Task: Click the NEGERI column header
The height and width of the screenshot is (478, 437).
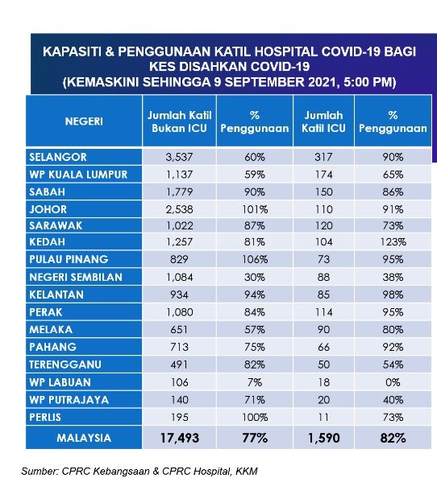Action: click(x=84, y=122)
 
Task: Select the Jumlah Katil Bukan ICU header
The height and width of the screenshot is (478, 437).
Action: click(x=179, y=122)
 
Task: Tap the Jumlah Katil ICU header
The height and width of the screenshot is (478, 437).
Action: click(x=323, y=122)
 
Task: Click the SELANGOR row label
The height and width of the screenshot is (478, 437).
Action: click(x=58, y=157)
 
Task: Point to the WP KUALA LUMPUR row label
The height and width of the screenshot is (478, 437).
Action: click(x=78, y=175)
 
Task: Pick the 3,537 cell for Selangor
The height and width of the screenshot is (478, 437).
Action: click(x=179, y=157)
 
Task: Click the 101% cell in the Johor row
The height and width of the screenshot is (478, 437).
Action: click(x=255, y=209)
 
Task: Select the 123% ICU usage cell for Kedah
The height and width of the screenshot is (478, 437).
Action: click(x=393, y=242)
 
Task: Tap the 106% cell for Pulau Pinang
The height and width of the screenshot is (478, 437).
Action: click(x=255, y=259)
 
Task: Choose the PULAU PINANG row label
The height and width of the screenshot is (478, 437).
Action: click(x=69, y=259)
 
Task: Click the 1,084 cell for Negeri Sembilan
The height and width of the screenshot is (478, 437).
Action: click(x=179, y=277)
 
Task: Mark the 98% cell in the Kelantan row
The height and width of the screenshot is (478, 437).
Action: click(x=393, y=295)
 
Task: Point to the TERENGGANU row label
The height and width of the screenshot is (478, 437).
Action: click(x=65, y=365)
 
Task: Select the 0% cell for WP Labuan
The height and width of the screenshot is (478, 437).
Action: click(x=393, y=382)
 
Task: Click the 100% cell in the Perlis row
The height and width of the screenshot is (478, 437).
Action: click(x=255, y=418)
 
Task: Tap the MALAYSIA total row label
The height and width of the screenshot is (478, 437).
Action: click(x=84, y=438)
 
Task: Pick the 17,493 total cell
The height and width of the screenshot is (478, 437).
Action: click(x=180, y=438)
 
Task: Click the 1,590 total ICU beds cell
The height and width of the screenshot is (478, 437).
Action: click(x=323, y=438)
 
